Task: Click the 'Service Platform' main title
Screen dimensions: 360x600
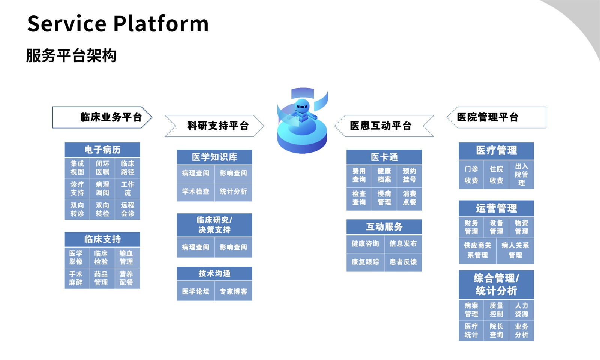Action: (x=118, y=24)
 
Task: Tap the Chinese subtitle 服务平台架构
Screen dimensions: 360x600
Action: (x=71, y=56)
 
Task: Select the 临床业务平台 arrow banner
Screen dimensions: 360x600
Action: (x=102, y=117)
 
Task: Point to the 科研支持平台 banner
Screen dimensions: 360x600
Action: (x=214, y=126)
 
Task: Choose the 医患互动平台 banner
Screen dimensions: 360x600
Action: (x=384, y=126)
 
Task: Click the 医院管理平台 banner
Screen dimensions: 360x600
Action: (x=496, y=117)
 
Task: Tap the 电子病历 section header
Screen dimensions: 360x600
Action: (x=102, y=150)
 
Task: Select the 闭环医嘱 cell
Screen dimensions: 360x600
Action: (x=102, y=168)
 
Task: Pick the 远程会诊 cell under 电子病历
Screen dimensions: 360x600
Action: (x=127, y=210)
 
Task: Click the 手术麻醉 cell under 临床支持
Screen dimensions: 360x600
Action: (x=76, y=278)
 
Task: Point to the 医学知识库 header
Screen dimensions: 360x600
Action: (x=214, y=157)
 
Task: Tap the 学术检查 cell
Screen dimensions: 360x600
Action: (x=196, y=192)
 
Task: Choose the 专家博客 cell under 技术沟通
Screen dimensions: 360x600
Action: (x=233, y=291)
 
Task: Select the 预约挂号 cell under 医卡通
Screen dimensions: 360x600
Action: (x=409, y=175)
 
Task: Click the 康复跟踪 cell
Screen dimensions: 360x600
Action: (x=365, y=262)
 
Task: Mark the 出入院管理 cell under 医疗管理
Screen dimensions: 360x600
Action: (x=521, y=175)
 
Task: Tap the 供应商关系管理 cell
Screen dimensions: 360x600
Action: (x=477, y=250)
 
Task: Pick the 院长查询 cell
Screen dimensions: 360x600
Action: (x=496, y=330)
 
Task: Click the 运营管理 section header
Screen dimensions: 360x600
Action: (x=496, y=208)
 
